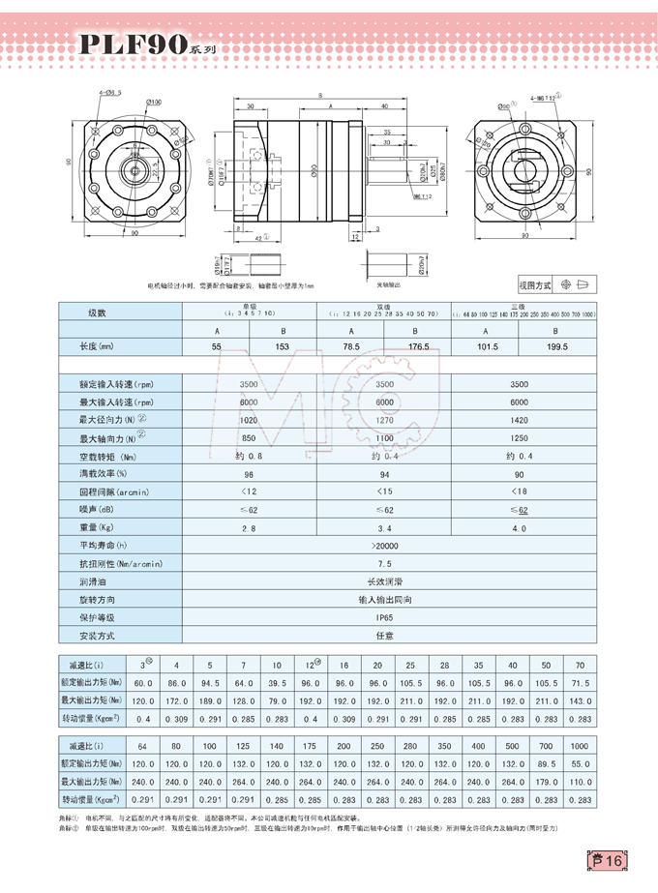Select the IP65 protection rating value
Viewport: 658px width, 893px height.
[384, 617]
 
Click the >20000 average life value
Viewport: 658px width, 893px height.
[384, 546]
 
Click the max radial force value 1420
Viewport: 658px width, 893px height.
[520, 421]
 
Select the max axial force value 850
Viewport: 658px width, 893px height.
[250, 438]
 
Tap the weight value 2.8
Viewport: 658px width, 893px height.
[250, 528]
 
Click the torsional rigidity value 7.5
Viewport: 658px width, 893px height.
[384, 563]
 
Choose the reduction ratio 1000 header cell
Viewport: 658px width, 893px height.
[579, 747]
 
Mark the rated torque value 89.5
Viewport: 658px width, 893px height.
[546, 764]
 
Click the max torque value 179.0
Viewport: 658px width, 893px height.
[546, 782]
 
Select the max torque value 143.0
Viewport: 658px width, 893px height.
[579, 700]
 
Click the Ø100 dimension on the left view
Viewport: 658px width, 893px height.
[154, 101]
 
